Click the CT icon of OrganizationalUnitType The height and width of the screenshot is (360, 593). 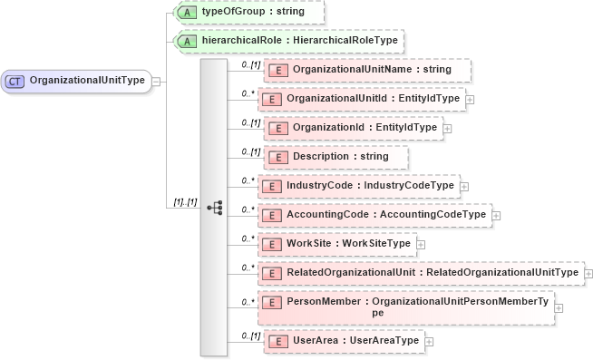click(15, 81)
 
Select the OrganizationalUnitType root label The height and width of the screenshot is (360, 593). click(87, 81)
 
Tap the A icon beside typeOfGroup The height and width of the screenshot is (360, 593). click(186, 12)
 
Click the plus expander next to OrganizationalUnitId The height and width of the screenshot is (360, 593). click(469, 99)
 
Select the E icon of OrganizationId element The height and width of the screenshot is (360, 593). click(276, 128)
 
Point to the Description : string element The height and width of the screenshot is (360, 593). click(340, 157)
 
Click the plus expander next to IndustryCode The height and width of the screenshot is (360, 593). click(464, 186)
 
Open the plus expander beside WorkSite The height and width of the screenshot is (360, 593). click(420, 244)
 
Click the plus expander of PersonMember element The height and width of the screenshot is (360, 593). click(559, 307)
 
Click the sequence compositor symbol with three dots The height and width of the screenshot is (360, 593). click(214, 208)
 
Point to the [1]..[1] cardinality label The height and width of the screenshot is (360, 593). click(184, 201)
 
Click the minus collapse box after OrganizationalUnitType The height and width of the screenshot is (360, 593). click(156, 81)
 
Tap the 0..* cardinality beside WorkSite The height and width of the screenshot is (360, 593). click(247, 238)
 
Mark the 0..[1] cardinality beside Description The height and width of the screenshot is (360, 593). click(250, 151)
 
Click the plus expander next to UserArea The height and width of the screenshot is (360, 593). click(429, 341)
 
